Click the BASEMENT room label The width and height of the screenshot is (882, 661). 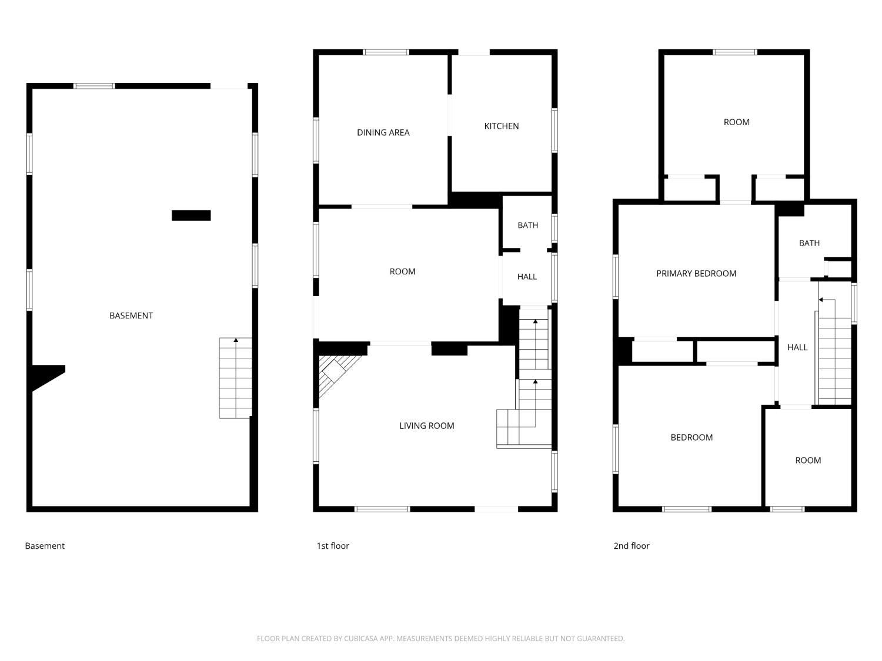click(131, 316)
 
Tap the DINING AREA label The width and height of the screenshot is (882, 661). click(383, 132)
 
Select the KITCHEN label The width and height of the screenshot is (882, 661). click(501, 126)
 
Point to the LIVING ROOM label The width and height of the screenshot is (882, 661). click(426, 426)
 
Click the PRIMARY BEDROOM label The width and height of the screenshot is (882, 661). click(696, 273)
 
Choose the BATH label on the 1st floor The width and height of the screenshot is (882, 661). click(527, 225)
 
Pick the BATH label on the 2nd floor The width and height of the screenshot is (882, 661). click(809, 243)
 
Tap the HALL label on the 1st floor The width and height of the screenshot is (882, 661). click(527, 277)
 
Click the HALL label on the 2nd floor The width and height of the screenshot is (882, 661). click(797, 347)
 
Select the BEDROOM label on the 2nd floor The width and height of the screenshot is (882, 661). click(691, 438)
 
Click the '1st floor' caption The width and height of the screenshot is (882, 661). click(333, 546)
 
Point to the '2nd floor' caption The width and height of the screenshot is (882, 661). click(632, 546)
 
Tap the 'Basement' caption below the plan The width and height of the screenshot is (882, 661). click(45, 546)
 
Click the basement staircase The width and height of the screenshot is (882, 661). click(235, 378)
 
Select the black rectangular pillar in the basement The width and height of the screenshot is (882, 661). click(191, 216)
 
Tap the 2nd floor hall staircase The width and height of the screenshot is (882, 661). click(834, 352)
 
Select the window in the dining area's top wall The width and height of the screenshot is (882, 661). click(386, 52)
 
